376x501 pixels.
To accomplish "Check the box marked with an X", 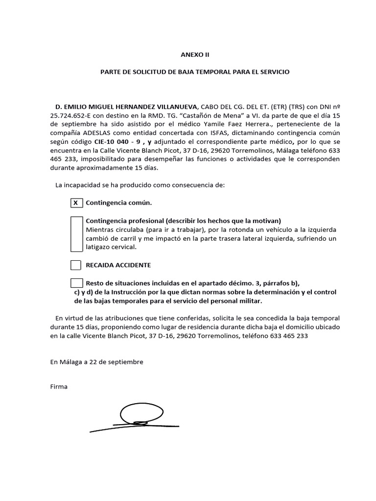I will [75, 203].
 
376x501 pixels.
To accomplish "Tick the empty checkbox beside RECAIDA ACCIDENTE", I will [75, 265].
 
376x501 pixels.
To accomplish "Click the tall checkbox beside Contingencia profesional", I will [75, 234].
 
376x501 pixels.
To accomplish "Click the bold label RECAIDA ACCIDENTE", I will [118, 265].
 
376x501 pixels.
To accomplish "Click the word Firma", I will [59, 387].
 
